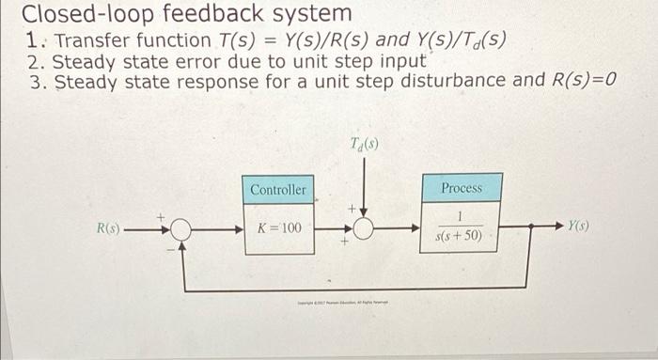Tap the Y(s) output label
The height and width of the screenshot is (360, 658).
(578, 227)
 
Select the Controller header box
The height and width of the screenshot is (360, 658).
(277, 189)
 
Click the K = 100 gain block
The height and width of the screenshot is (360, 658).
(278, 228)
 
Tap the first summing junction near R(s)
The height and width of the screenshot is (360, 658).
(179, 228)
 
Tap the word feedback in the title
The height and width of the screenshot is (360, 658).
(204, 14)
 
